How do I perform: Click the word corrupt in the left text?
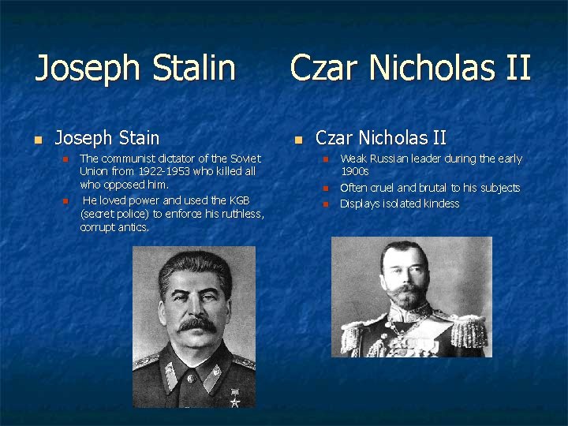99,227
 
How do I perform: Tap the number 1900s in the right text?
355,171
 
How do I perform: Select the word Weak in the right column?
352,159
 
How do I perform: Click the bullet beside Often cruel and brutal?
323,189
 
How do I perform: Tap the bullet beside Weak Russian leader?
323,159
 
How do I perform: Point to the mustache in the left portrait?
196,323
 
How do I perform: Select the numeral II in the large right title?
517,68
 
